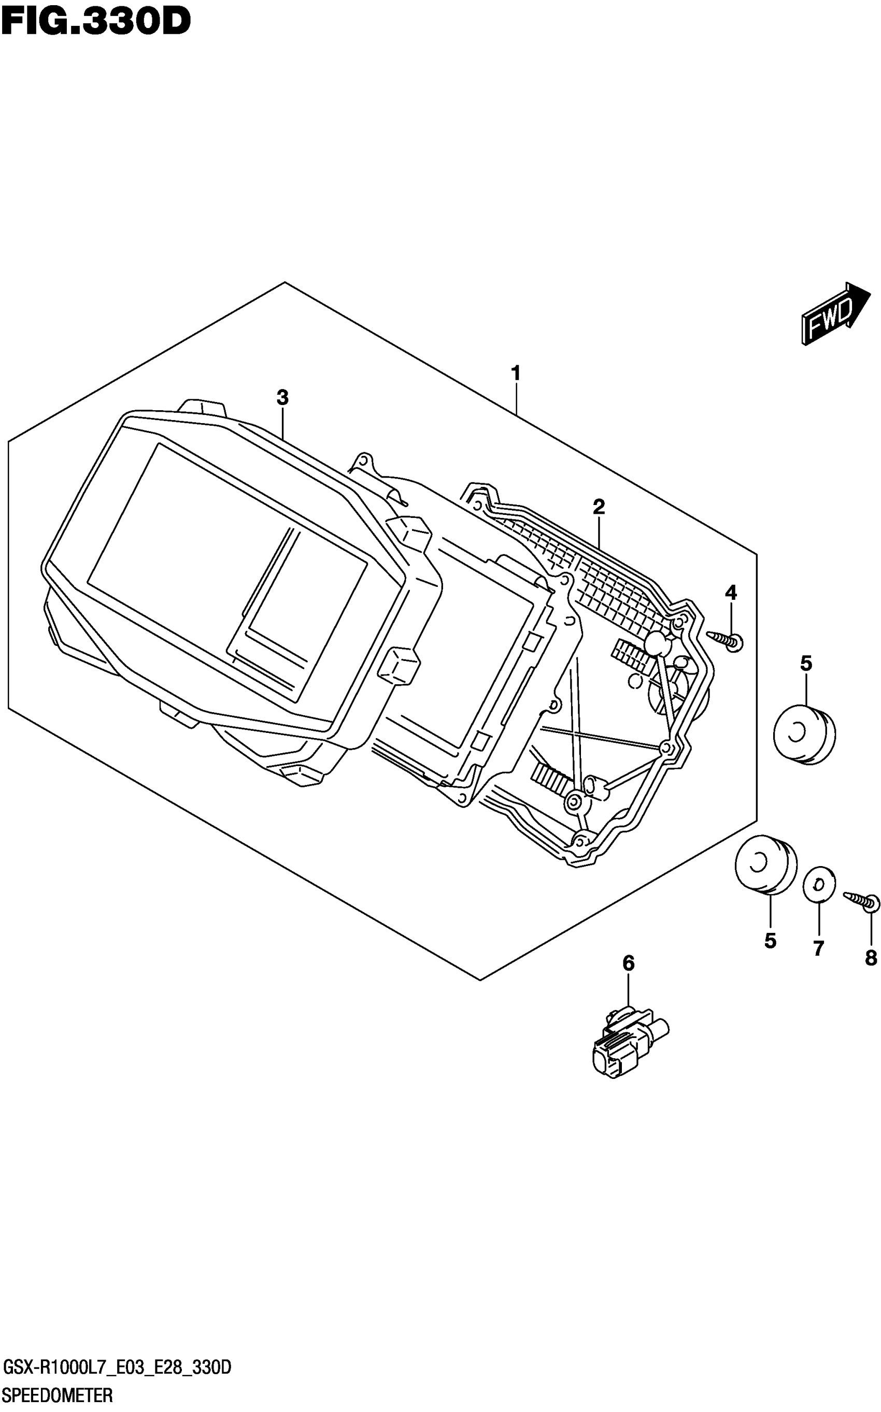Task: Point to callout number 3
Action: click(282, 398)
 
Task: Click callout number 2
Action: click(599, 507)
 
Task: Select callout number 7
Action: click(819, 948)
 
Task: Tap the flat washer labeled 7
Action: click(819, 885)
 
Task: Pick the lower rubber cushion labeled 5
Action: click(765, 865)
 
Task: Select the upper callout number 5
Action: click(806, 663)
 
